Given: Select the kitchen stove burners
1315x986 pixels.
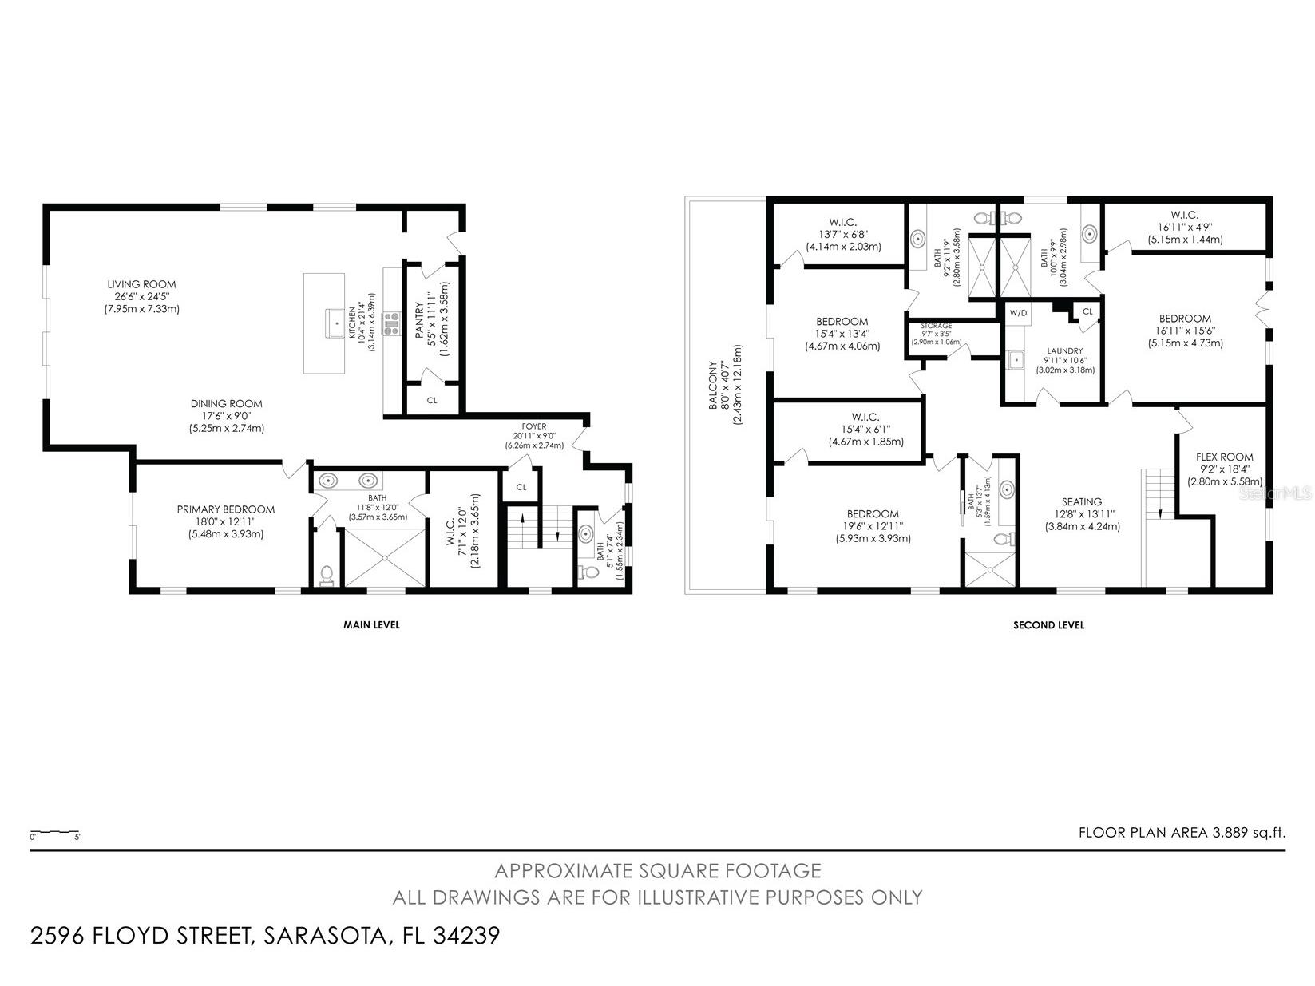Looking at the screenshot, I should tap(392, 323).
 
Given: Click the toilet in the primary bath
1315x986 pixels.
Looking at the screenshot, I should tap(326, 574).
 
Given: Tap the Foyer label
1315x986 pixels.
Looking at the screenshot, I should tap(534, 426).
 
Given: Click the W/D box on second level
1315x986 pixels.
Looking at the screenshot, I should tap(1018, 313).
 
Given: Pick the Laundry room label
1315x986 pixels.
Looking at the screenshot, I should tap(1065, 350).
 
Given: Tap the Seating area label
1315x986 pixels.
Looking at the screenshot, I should tap(1082, 502).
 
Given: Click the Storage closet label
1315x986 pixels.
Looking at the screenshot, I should tap(936, 326).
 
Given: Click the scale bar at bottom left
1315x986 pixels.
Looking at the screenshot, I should tap(54, 833).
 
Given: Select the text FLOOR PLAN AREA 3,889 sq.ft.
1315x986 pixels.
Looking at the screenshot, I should tap(1182, 833).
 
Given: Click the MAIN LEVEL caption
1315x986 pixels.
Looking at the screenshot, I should tap(371, 625).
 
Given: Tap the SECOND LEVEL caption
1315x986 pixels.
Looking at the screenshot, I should tap(1048, 625).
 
